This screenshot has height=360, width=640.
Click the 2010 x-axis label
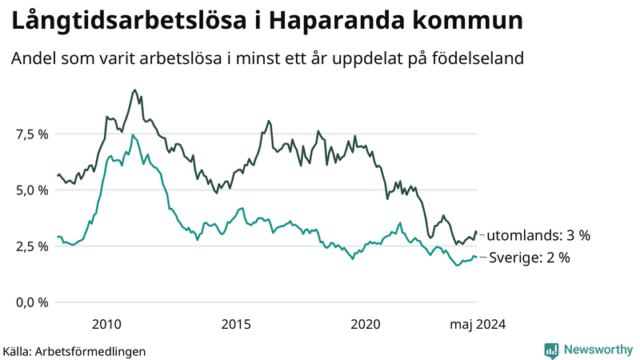tap(106, 324)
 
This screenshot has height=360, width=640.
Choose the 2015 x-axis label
tap(237, 324)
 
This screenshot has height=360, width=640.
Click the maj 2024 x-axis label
tap(478, 324)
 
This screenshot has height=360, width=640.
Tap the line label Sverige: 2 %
tap(529, 258)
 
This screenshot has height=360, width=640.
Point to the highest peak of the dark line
tap(134, 90)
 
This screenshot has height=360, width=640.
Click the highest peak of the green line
tap(133, 134)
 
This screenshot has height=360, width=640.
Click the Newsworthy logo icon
tap(551, 350)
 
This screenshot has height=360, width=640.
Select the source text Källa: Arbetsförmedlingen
tap(74, 351)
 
